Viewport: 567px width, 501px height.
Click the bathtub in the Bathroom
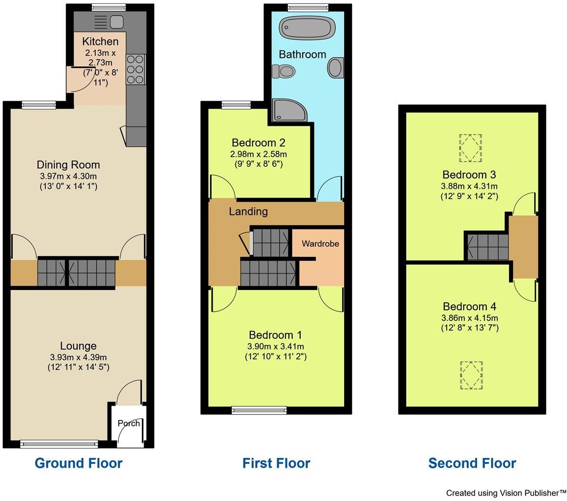(306, 28)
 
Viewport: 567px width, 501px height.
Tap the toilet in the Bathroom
(283, 72)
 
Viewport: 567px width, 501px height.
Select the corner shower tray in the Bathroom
(289, 110)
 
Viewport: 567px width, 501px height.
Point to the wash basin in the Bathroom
(335, 68)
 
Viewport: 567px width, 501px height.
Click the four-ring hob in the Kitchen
(135, 69)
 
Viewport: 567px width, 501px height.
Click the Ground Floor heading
(78, 463)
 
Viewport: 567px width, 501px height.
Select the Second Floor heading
(472, 463)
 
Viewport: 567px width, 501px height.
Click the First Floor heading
(276, 463)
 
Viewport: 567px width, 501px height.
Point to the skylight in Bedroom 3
(470, 148)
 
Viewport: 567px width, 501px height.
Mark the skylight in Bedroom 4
(471, 375)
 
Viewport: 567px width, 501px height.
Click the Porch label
(129, 423)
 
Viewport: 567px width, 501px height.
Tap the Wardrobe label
(320, 244)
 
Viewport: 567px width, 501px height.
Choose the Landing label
(248, 211)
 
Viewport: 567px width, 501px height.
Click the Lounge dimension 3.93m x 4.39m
(78, 357)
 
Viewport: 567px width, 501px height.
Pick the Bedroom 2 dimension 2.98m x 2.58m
(259, 154)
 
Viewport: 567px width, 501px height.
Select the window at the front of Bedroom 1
(259, 410)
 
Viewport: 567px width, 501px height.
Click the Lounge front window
(59, 444)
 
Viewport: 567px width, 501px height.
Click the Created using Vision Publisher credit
(506, 493)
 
